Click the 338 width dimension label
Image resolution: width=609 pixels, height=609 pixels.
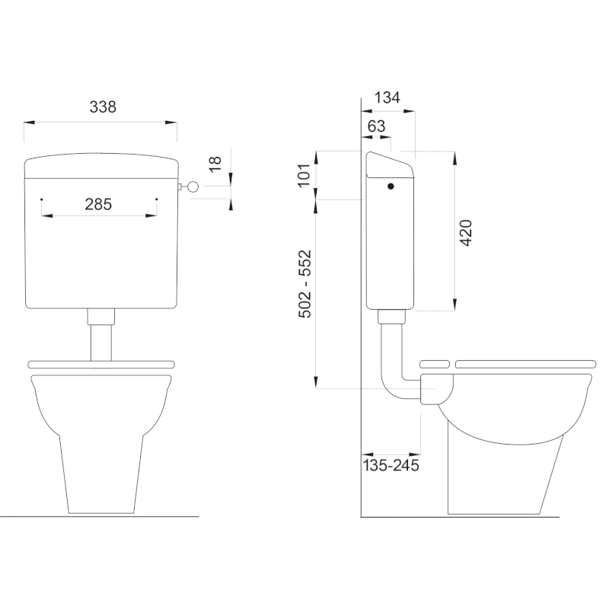(x=103, y=107)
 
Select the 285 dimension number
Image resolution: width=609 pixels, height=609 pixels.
(x=98, y=204)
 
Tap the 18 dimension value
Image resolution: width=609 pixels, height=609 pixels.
(x=215, y=164)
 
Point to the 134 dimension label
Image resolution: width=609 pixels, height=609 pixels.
(x=387, y=97)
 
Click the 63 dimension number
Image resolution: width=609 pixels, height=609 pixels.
(x=376, y=126)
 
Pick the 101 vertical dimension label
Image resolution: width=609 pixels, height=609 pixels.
(x=304, y=176)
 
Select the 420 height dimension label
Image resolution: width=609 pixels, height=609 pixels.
(x=466, y=233)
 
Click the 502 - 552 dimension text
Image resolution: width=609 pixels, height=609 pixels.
(x=305, y=284)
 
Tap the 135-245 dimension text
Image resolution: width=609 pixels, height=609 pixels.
(x=391, y=465)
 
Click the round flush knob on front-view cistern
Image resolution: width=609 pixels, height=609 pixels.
(x=193, y=187)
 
